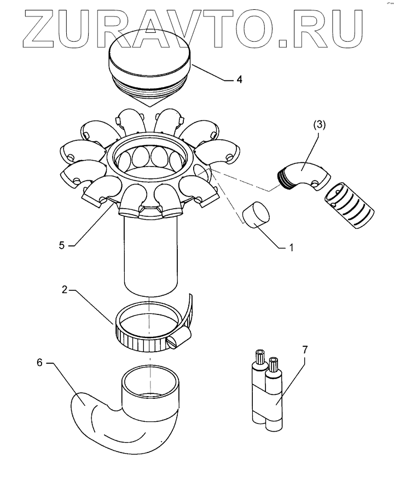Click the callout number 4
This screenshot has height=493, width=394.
click(239, 79)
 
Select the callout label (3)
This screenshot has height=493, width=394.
click(320, 124)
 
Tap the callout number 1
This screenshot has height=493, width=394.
click(292, 247)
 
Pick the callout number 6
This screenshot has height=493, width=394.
click(39, 363)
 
